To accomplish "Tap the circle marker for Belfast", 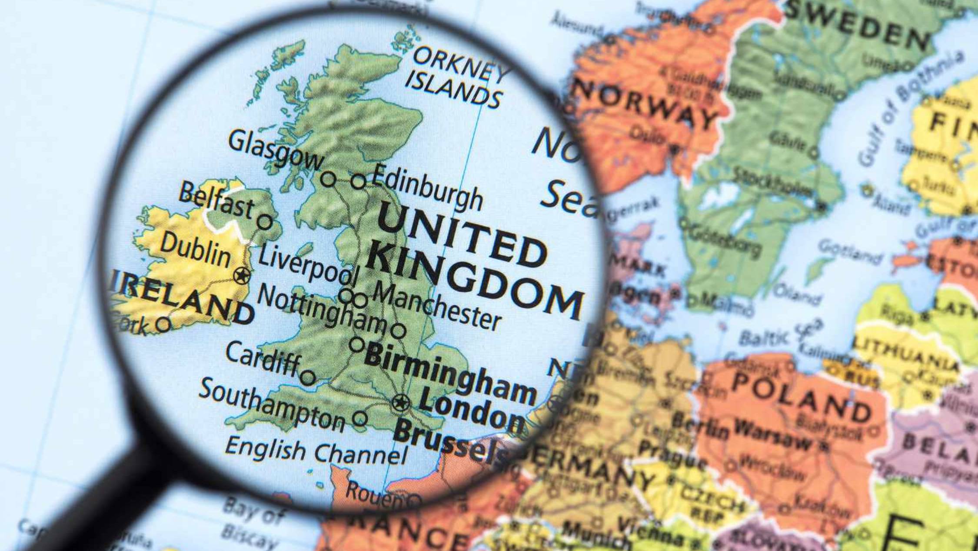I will (264, 222).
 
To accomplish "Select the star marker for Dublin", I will (242, 276).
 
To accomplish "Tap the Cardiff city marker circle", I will (308, 377).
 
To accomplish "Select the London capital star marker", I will (400, 402).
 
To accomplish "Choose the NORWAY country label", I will (643, 104).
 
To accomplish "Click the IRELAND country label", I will (183, 298).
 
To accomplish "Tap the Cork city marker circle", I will (163, 324).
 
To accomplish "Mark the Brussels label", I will (450, 441).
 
